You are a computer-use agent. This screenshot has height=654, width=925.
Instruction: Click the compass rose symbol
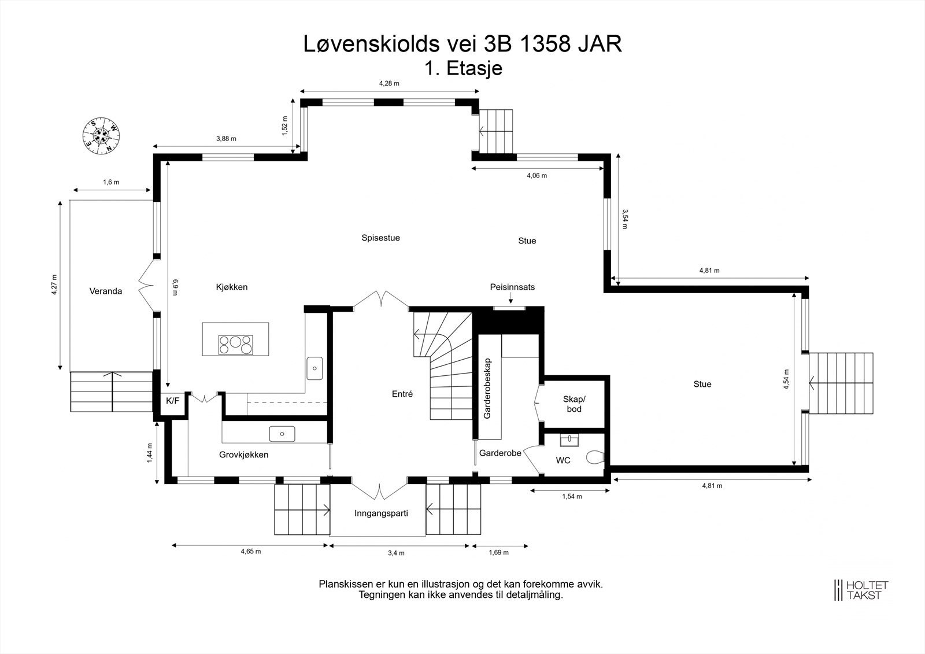tap(102, 135)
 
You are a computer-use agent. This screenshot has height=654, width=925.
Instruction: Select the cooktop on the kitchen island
tap(235, 345)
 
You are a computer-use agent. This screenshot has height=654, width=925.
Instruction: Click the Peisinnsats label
tap(512, 287)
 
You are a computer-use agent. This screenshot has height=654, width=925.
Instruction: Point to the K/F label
tap(172, 400)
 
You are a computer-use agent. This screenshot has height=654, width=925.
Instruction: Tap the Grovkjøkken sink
tap(282, 434)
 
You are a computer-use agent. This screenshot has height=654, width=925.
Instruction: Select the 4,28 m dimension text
tap(389, 83)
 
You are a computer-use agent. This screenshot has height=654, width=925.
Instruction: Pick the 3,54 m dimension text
tap(624, 219)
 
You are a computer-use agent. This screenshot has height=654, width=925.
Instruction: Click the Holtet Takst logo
tap(861, 590)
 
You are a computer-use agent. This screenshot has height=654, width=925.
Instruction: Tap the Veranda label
tap(106, 291)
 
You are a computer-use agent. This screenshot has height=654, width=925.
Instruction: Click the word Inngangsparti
tap(381, 513)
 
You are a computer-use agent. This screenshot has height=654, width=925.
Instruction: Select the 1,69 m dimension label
tap(498, 552)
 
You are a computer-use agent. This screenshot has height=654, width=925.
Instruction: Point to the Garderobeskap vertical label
tap(487, 388)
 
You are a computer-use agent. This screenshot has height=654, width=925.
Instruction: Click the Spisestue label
tap(380, 238)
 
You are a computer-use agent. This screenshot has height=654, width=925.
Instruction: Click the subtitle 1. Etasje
tap(463, 68)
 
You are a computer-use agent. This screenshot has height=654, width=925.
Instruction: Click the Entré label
tap(402, 394)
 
